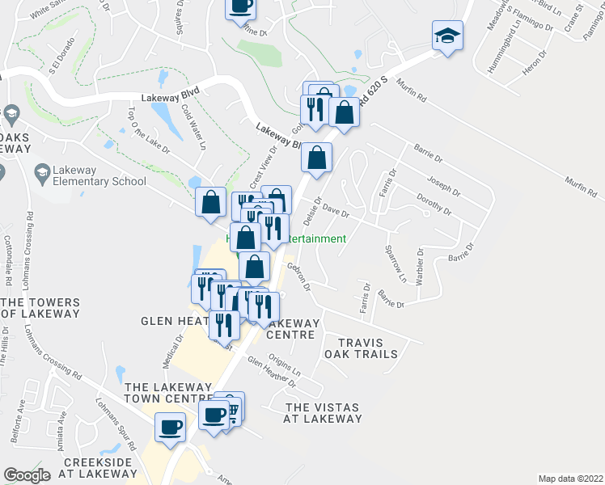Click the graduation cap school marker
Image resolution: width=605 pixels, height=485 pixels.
pos(447,36)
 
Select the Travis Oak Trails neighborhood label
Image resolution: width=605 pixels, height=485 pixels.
pos(361,348)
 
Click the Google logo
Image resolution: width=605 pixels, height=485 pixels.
pos(27,475)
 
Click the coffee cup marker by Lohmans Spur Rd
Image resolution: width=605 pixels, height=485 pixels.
pos(171,428)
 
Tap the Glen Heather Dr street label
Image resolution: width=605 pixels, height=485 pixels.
pos(271,371)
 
